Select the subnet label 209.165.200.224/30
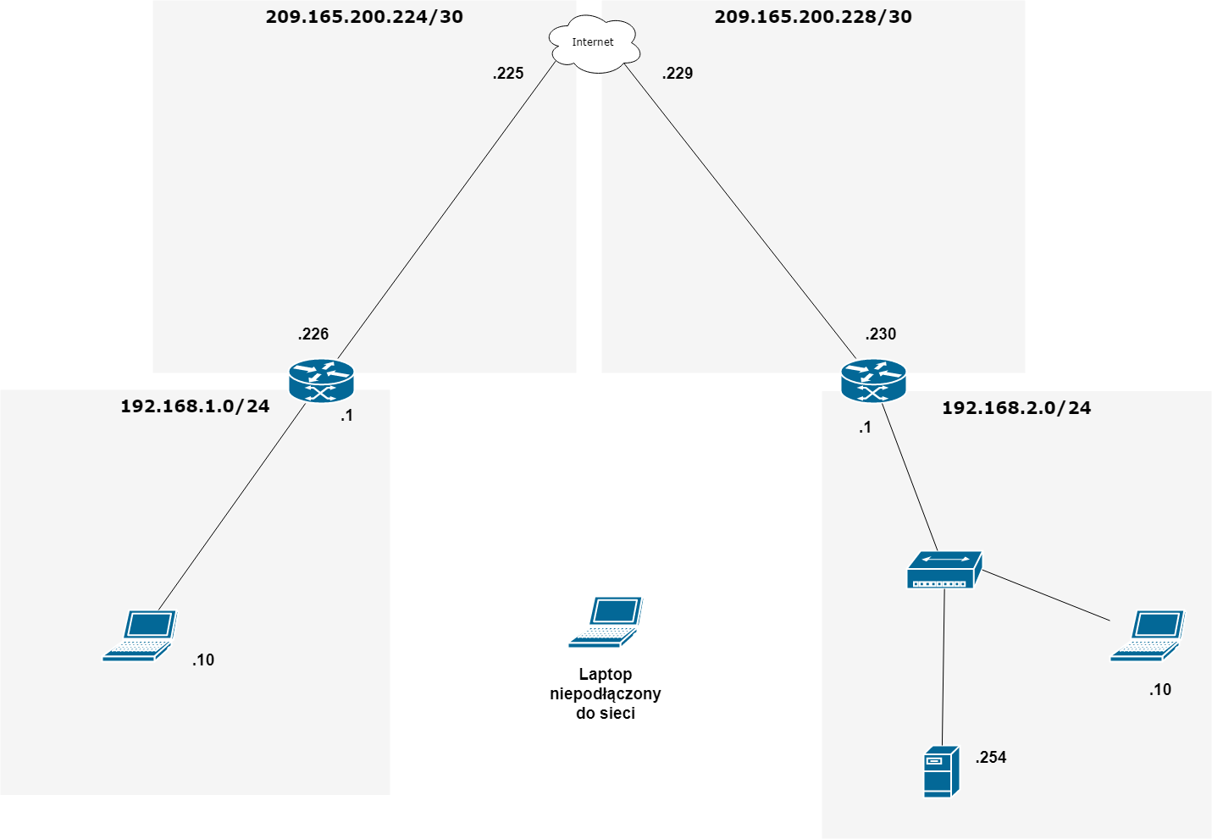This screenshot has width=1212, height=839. coord(364,17)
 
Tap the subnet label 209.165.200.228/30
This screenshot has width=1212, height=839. coord(813,17)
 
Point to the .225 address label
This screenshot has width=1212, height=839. coord(508,74)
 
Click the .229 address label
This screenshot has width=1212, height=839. coord(678,74)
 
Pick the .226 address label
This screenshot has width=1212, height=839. coord(313,334)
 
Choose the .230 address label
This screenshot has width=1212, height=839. coord(881,334)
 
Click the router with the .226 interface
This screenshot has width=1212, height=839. coord(321,381)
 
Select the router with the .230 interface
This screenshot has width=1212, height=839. coord(873,381)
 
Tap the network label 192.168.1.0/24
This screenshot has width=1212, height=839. coord(195,406)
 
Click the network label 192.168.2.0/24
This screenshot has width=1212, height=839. coord(1016,408)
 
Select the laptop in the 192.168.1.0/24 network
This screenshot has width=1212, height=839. coord(140,635)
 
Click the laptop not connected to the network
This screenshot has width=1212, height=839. coord(606,622)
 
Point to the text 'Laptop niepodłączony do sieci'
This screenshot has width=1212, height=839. coord(606,693)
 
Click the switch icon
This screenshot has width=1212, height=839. coord(944,570)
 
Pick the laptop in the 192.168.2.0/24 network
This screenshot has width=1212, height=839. coord(1148,635)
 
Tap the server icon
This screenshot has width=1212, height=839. coord(941,771)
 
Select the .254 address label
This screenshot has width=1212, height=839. coord(991,758)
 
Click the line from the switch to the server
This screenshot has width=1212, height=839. coord(944,669)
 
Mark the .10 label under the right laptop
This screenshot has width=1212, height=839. coord(1160,690)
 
